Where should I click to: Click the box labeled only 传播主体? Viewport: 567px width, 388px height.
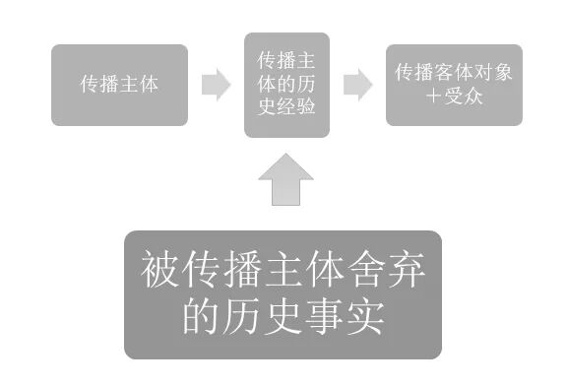tap(119, 85)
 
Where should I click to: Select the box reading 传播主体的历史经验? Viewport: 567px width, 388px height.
tap(285, 85)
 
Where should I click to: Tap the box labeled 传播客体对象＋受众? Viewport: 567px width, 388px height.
tap(453, 85)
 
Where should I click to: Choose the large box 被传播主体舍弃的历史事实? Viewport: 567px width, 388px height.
tap(283, 293)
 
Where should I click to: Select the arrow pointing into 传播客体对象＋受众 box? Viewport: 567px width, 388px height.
tap(357, 85)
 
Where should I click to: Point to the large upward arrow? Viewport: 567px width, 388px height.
tap(285, 179)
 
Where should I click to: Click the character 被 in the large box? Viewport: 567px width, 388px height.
tap(162, 269)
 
